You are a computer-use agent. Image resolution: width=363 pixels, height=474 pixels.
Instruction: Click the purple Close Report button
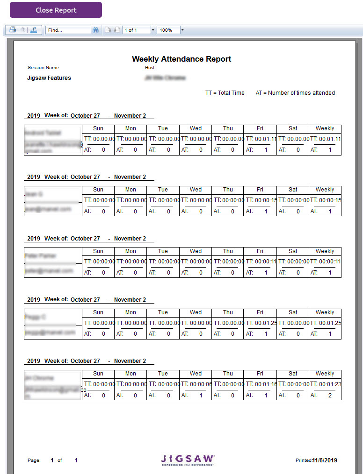coord(56,10)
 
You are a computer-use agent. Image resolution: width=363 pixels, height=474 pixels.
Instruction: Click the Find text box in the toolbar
coord(68,30)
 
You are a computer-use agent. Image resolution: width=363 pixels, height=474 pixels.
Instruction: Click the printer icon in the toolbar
coord(13,30)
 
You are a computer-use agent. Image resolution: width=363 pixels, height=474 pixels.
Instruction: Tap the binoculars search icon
coord(96,30)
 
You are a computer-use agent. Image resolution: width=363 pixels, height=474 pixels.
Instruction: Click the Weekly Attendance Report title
coord(181,59)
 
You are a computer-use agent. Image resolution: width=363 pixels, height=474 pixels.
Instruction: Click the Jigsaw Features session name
coord(49,78)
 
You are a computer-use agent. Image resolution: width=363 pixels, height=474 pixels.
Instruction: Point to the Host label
coord(150,68)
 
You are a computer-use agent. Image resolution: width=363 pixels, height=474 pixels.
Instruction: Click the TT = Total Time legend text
coord(225,93)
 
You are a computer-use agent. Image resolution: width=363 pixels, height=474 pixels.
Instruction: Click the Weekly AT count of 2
coord(330,395)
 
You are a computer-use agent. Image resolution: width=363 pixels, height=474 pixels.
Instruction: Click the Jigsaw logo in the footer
coord(188,460)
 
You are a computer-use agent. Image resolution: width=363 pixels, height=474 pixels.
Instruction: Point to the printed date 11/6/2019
coord(325,460)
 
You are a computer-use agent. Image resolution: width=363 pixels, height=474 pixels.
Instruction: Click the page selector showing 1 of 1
coord(136,30)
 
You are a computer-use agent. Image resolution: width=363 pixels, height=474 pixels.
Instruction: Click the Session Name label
coord(43,68)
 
